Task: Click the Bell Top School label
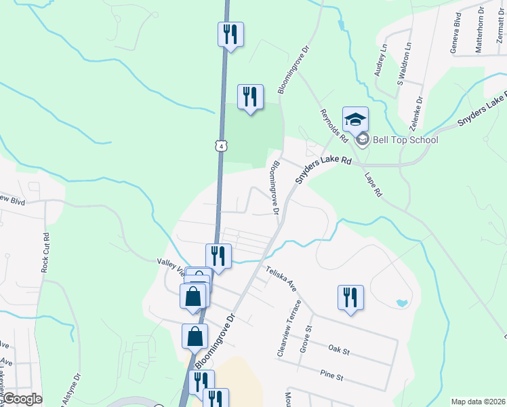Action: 405,140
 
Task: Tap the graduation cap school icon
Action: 355,120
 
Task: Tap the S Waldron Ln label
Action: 404,65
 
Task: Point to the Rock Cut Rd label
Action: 45,253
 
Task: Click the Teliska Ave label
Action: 282,279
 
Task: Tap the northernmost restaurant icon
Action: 230,35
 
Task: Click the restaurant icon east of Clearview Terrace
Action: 350,298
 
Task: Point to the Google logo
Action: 22,399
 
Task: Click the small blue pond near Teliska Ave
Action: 402,302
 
